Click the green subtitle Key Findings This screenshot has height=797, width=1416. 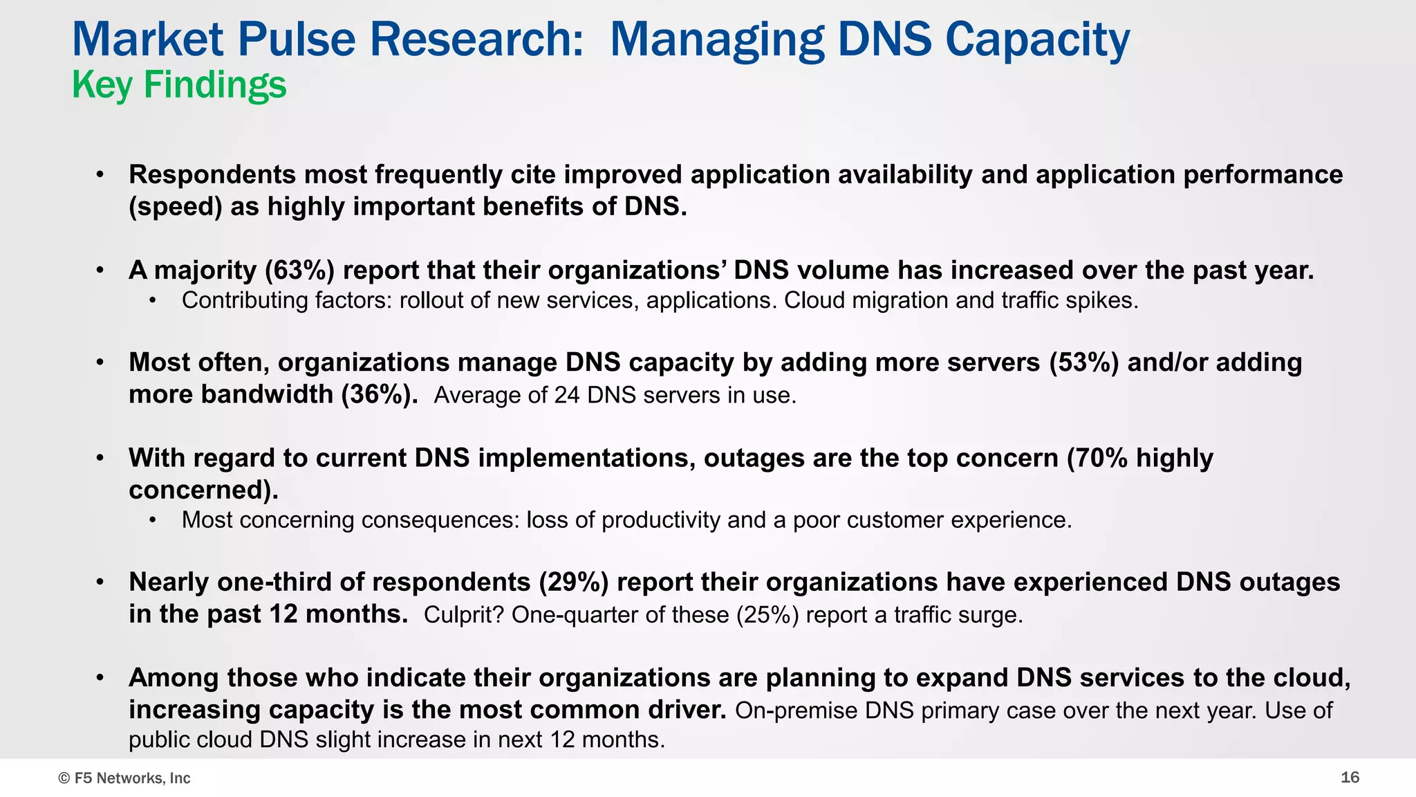[x=179, y=85]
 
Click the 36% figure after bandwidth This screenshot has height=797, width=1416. [x=380, y=394]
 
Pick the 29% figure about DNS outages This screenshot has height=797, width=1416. [x=574, y=582]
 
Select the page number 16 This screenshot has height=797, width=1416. [x=1350, y=778]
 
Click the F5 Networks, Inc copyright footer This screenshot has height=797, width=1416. [x=124, y=778]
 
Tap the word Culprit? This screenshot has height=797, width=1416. [x=464, y=614]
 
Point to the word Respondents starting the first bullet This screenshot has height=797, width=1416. [x=212, y=174]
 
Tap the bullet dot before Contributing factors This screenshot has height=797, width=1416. [x=153, y=301]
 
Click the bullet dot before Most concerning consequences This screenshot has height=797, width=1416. [x=153, y=520]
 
